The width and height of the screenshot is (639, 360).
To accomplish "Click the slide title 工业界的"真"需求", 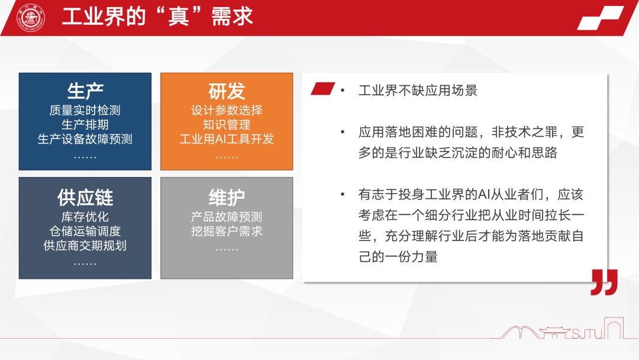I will click(157, 17).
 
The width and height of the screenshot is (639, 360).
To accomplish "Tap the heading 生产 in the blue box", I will click(85, 91).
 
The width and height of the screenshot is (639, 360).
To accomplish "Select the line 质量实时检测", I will click(85, 110).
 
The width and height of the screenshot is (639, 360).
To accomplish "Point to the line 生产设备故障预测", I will click(85, 139).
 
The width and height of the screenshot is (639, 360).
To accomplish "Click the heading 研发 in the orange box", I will click(227, 91).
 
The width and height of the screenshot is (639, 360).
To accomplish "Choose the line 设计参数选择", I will click(227, 110).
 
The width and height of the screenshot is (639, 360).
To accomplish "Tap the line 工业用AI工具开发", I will click(227, 139).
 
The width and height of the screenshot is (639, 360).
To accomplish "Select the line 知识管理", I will click(227, 125).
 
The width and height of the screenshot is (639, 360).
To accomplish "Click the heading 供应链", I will click(85, 197).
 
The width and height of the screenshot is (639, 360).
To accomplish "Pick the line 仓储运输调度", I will click(85, 231).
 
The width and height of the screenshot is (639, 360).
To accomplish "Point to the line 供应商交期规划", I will click(85, 245).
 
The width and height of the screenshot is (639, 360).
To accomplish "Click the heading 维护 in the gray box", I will click(227, 197).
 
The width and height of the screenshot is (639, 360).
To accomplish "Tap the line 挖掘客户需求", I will click(227, 231).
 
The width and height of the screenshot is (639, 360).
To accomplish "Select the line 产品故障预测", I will click(227, 217).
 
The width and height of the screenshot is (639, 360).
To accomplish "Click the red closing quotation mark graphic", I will click(604, 282).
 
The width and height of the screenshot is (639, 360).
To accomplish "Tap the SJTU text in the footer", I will click(587, 334).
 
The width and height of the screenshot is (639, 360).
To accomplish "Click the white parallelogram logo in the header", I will click(601, 18).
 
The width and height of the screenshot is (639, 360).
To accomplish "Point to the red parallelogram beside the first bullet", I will click(322, 89).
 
